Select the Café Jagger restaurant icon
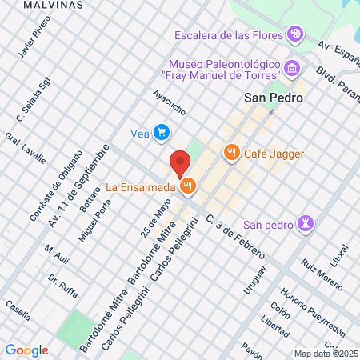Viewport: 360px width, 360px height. pos(232,151)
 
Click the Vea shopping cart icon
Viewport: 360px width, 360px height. pos(162,132)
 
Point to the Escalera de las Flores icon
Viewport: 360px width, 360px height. pos(296,34)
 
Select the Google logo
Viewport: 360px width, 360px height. pos(26,350)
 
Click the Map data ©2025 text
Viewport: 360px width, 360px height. pos(325,354)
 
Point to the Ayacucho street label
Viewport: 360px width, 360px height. pos(170,102)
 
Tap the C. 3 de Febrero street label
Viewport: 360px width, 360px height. pos(235,235)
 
